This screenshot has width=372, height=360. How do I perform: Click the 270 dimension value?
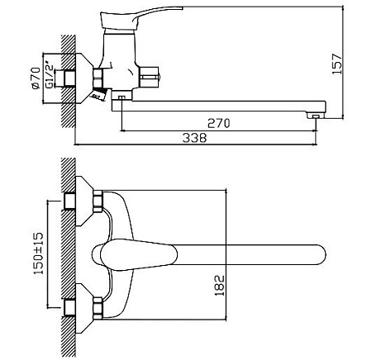click(x=218, y=123)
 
